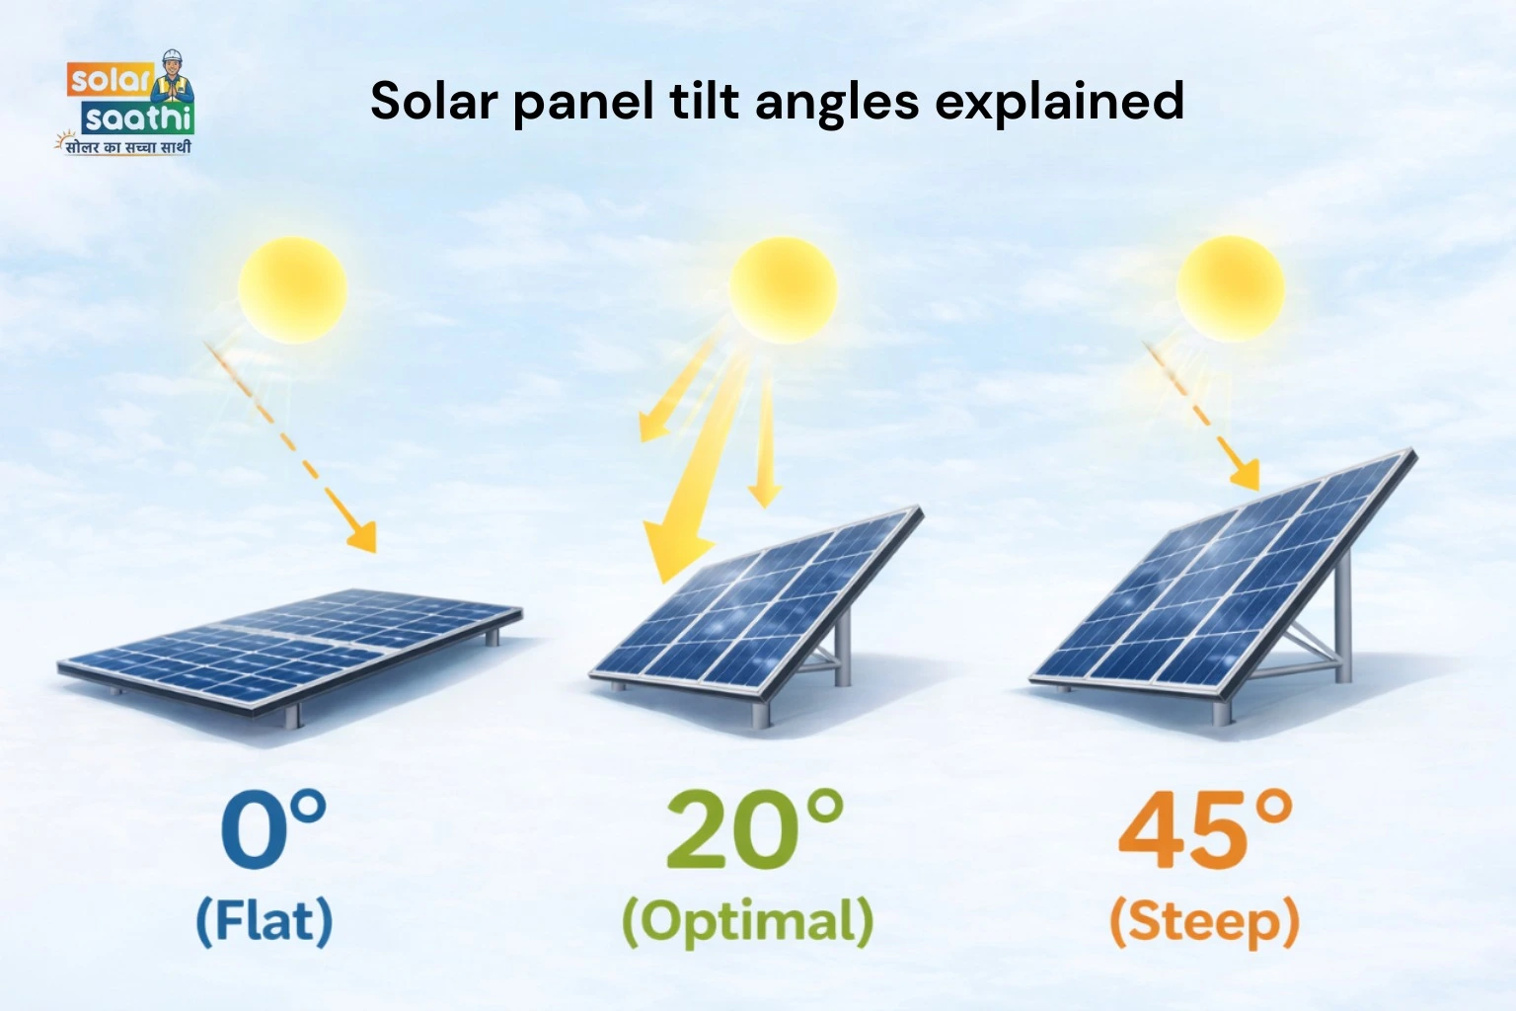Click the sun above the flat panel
(x=292, y=289)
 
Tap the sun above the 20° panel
(x=783, y=289)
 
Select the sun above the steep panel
(x=1230, y=288)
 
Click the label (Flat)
(x=265, y=920)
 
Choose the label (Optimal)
(x=747, y=920)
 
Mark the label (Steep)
(x=1205, y=920)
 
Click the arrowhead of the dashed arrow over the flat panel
(x=364, y=539)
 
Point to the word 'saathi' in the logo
(x=137, y=119)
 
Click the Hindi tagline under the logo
(x=126, y=147)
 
